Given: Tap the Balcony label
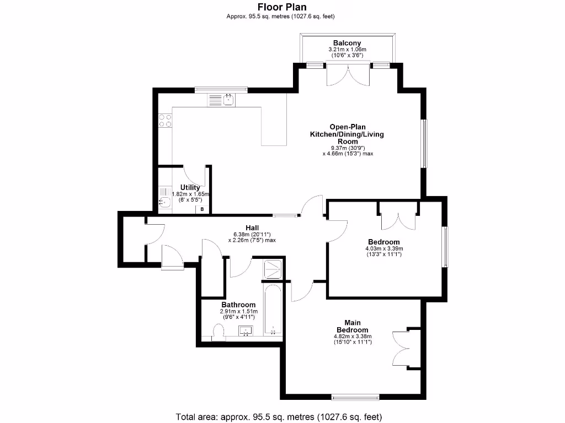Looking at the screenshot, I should coord(347,43).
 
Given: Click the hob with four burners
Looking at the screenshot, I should coord(165,121).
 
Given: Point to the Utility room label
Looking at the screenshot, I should coord(190,188).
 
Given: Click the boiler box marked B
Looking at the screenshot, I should coord(202,209).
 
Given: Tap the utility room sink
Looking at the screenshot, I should coord(164,202).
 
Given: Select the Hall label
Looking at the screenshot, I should coord(252,227).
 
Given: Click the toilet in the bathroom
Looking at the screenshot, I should coord(218,332).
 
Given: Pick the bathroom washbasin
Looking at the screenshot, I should coord(246,332).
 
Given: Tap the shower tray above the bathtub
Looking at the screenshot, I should coord(273,269).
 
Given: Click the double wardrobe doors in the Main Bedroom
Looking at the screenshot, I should coord(402,348).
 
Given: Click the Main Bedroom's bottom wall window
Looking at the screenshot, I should coord(355,396).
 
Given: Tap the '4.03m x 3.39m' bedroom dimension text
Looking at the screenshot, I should coord(384,248).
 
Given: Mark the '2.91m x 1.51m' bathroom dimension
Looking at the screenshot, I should coord(238,311).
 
